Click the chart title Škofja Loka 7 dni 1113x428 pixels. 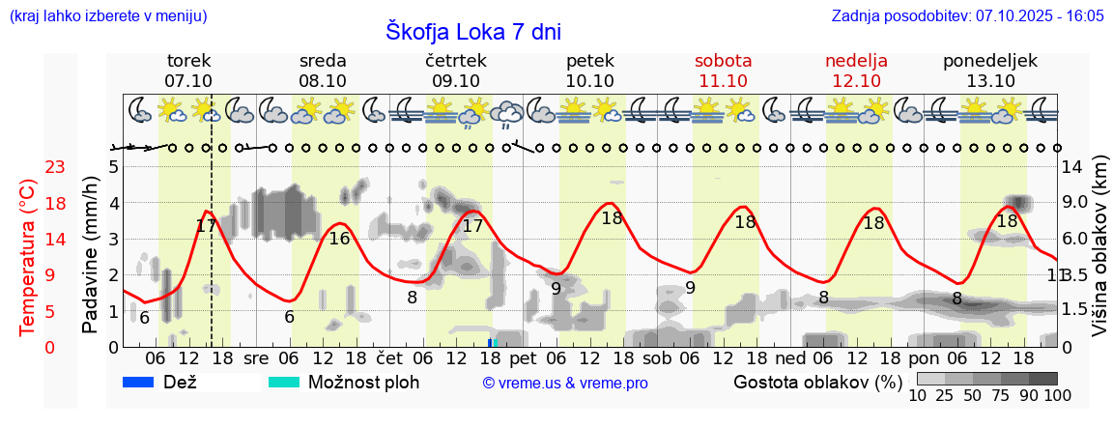[x=473, y=31]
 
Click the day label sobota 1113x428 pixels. [x=723, y=60]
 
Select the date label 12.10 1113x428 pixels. [x=856, y=81]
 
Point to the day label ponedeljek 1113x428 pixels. [x=990, y=60]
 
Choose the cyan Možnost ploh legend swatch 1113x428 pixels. [x=284, y=382]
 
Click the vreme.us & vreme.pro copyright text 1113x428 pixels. [x=565, y=384]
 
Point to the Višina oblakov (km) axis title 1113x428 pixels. [x=1099, y=248]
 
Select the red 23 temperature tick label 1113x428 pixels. [x=55, y=167]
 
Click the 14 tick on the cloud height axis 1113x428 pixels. [x=1073, y=167]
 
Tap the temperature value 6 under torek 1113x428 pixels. [x=144, y=318]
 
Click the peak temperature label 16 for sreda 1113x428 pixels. [x=339, y=238]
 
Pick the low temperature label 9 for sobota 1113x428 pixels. [x=690, y=287]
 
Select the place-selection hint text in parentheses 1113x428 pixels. [x=106, y=16]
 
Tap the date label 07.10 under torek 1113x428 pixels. [x=188, y=81]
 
